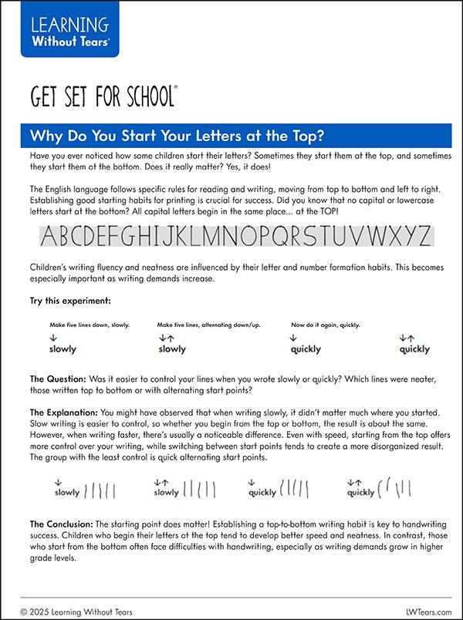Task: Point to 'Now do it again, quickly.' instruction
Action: (325, 325)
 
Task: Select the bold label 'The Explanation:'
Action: (64, 413)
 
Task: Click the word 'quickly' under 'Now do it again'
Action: (306, 349)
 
